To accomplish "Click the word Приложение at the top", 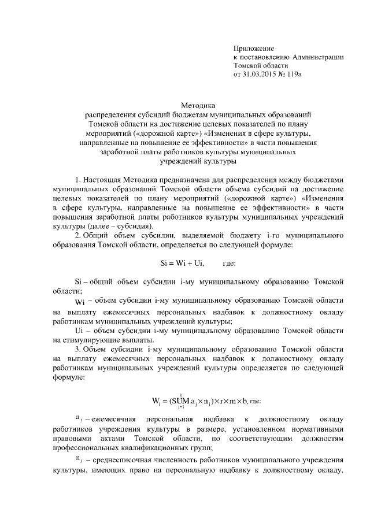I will pyautogui.click(x=253, y=48).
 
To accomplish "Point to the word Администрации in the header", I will pyautogui.click(x=318, y=57).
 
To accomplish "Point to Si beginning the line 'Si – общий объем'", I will pyautogui.click(x=80, y=281).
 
